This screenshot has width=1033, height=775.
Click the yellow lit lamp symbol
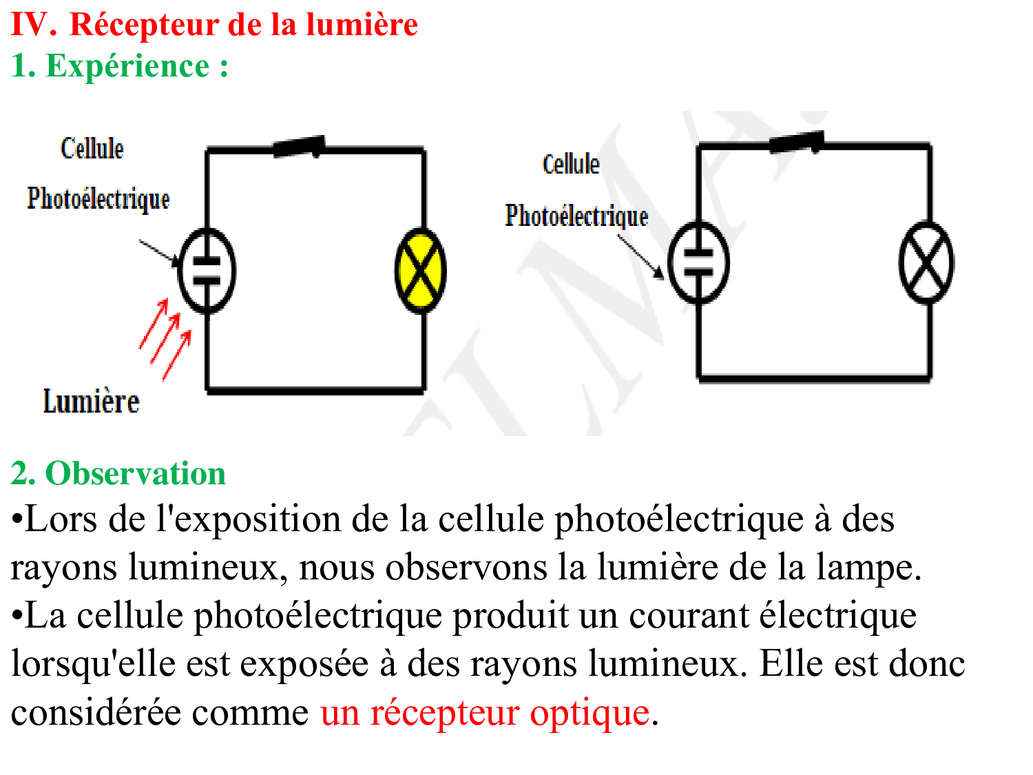click(x=420, y=271)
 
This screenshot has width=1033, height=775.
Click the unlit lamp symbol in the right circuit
click(x=926, y=262)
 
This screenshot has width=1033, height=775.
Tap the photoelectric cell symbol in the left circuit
click(x=207, y=271)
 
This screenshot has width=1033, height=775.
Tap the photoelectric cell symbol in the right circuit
click(x=698, y=262)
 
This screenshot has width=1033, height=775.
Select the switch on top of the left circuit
click(x=300, y=147)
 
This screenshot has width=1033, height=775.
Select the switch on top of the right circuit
click(x=797, y=142)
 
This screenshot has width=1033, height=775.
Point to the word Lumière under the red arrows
click(x=92, y=402)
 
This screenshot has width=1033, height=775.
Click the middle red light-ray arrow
click(x=165, y=338)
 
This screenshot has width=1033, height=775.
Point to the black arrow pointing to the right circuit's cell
click(x=640, y=257)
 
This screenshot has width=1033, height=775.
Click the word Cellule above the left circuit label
click(x=92, y=148)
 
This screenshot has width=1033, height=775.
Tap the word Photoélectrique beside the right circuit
click(x=576, y=216)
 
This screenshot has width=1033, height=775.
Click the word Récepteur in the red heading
click(x=144, y=24)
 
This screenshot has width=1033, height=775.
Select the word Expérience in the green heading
click(x=127, y=65)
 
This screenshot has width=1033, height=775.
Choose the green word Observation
click(x=136, y=473)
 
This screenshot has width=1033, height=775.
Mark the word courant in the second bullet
click(x=689, y=616)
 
